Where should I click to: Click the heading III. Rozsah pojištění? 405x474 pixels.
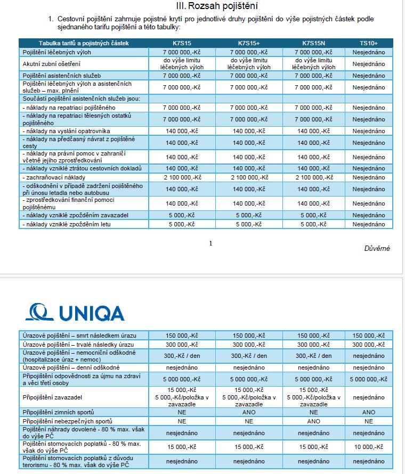coord(216,6)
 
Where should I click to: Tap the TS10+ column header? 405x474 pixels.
coord(368,43)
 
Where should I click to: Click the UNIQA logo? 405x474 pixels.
coord(75,312)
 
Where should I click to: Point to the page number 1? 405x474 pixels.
coord(210,243)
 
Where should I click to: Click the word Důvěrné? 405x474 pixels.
coord(377,249)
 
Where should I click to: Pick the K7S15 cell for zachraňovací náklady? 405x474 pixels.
coord(182,177)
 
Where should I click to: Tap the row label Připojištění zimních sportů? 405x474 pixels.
coord(59,412)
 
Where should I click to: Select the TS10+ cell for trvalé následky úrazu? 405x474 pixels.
coord(368,345)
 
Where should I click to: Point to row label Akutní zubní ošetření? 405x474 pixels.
coord(51,64)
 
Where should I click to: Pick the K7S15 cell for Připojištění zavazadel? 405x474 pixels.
coord(182,397)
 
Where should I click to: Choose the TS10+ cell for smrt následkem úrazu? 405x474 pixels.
coord(368,336)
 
